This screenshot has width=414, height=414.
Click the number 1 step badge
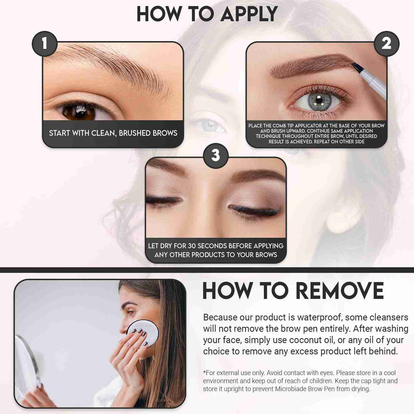(x=44, y=44)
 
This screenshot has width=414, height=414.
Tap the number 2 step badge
(x=386, y=44)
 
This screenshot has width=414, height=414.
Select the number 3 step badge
(x=216, y=156)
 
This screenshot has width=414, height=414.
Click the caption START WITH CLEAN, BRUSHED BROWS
(x=113, y=133)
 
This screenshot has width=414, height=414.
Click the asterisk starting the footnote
(x=205, y=372)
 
